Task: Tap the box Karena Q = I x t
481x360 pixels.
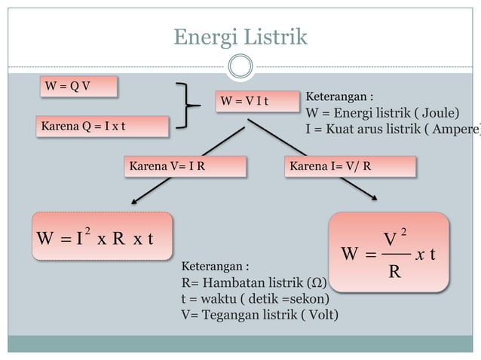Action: (x=102, y=126)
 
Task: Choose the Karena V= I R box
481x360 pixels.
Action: (x=184, y=166)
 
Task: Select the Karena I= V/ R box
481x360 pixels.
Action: (x=348, y=166)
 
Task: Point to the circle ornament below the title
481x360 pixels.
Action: (x=240, y=67)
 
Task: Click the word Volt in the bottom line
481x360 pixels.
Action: (x=316, y=314)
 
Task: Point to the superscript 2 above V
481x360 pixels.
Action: (x=404, y=230)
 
